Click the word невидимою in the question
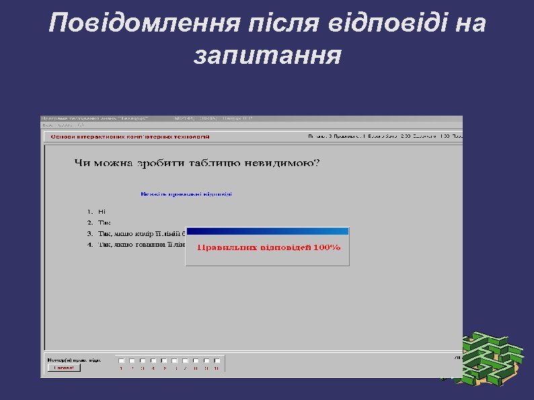pyautogui.click(x=284, y=163)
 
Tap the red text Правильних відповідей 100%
pyautogui.click(x=268, y=247)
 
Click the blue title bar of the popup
pyautogui.click(x=267, y=231)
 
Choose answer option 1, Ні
pyautogui.click(x=102, y=211)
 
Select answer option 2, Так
pyautogui.click(x=104, y=223)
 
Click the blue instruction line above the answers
pyautogui.click(x=186, y=194)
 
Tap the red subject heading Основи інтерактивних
pyautogui.click(x=130, y=136)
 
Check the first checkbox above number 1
pyautogui.click(x=121, y=358)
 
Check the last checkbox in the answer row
pyautogui.click(x=217, y=358)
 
